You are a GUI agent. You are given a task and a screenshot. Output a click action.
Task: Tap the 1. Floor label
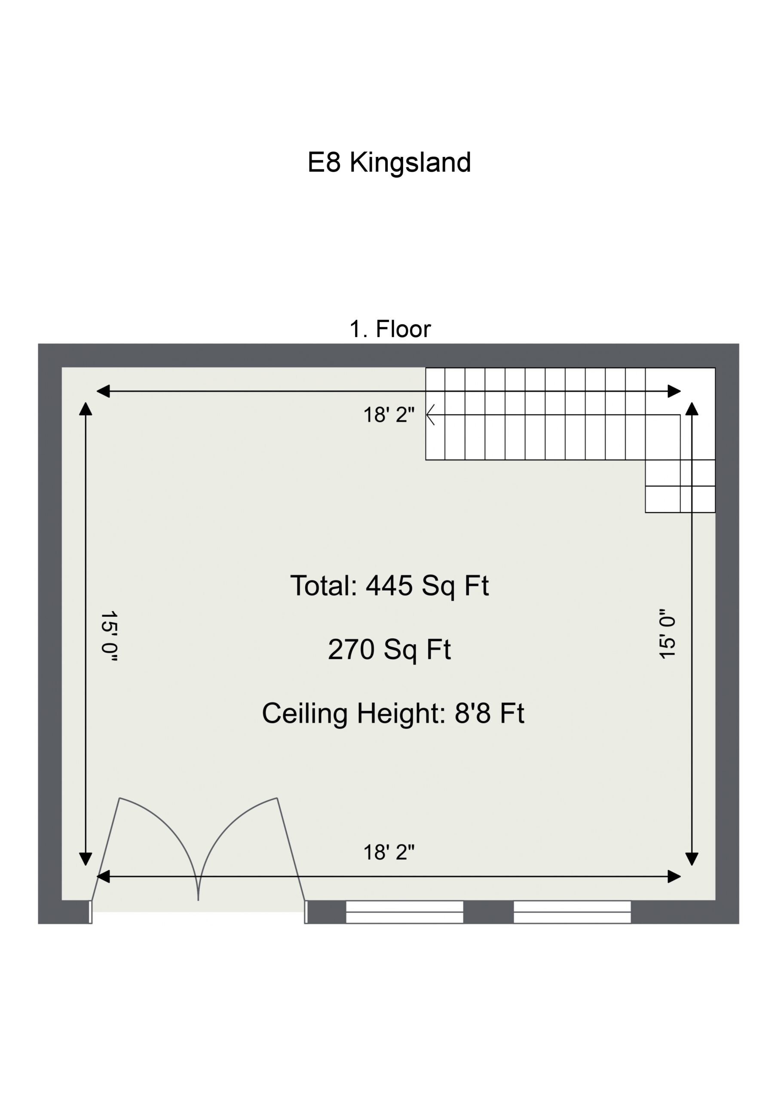point(390,329)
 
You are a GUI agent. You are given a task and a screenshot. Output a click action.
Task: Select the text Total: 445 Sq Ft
point(390,587)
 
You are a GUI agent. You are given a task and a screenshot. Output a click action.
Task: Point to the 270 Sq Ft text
point(389,650)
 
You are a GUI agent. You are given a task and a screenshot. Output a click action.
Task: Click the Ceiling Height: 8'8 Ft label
point(393,713)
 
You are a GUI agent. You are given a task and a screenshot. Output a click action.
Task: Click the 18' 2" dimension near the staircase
point(389,415)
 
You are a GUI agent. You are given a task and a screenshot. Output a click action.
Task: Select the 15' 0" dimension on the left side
point(109,637)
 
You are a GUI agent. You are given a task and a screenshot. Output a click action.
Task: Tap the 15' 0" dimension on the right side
point(667,634)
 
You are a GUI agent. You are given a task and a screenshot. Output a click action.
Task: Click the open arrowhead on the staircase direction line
point(430,415)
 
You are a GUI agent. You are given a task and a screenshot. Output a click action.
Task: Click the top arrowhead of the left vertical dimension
point(86,409)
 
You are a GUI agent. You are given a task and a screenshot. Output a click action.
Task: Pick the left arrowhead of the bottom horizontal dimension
point(103,876)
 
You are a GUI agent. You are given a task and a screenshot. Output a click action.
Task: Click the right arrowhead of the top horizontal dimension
point(674,391)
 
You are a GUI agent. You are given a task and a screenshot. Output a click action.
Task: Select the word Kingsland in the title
point(411,163)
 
